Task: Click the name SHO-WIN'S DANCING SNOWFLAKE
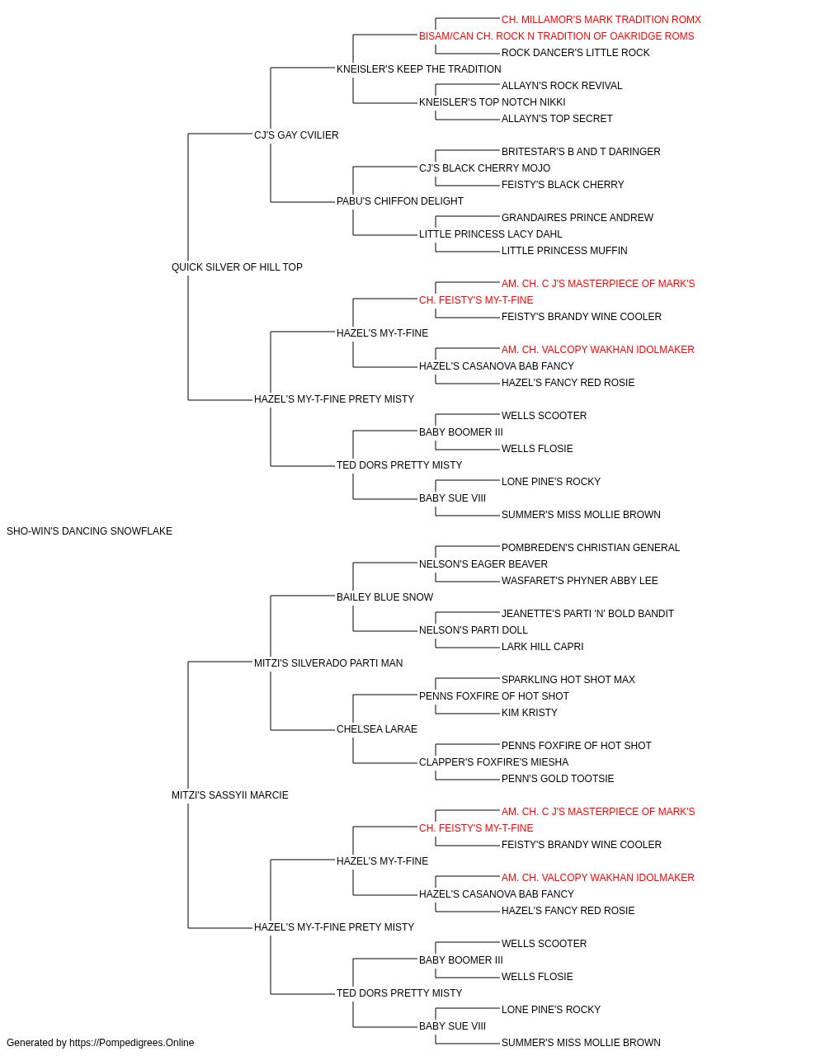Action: click(89, 531)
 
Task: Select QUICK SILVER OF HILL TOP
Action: click(237, 267)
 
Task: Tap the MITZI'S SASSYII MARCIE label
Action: click(230, 795)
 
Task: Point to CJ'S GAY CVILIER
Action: click(296, 135)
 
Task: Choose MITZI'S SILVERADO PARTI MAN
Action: click(328, 663)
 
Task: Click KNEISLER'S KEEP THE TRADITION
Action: click(419, 69)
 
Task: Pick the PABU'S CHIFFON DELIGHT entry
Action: click(400, 201)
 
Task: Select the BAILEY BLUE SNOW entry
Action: click(384, 597)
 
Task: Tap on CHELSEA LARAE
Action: click(376, 729)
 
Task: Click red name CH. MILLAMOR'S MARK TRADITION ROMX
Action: click(601, 20)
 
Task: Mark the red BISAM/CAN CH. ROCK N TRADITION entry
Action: click(556, 36)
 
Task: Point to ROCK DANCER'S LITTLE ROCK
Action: click(575, 53)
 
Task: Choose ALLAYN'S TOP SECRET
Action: click(557, 119)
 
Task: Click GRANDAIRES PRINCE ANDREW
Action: click(577, 218)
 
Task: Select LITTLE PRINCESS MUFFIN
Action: click(564, 251)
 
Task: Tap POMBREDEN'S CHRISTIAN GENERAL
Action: click(591, 548)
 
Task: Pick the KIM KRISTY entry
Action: click(529, 713)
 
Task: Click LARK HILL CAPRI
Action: click(542, 647)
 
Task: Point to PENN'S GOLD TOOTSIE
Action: click(558, 779)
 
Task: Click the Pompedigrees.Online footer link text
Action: click(131, 1043)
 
